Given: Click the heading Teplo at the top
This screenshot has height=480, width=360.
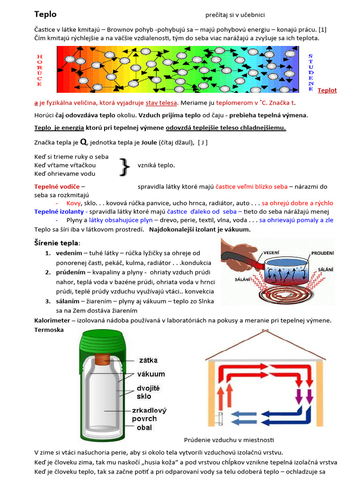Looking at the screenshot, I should pos(45,15).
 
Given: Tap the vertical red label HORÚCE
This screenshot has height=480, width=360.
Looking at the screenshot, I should pos(39,70).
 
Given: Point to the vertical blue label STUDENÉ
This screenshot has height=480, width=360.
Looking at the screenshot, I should pos(310,72).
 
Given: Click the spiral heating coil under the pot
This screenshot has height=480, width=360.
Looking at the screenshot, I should pos(281,295).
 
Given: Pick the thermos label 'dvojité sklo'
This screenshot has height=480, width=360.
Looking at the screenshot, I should pos(148,392).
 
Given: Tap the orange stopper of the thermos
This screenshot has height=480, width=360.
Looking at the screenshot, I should pos(103,359).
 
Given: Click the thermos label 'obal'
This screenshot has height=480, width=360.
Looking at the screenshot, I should pos(144,427).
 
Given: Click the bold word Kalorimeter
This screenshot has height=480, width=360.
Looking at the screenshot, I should pos(52,320).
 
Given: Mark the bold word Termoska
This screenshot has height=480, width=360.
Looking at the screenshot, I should pos(49,330).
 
